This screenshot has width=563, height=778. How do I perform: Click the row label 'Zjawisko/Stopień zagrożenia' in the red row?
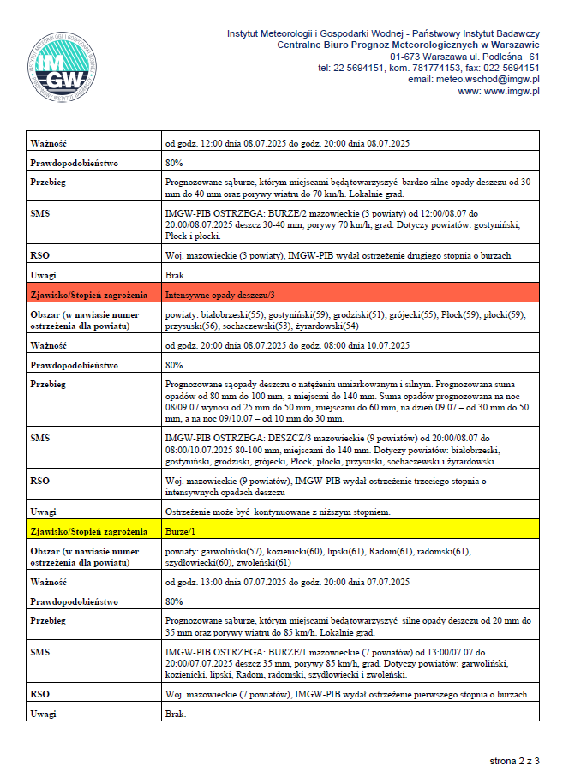pos(86,294)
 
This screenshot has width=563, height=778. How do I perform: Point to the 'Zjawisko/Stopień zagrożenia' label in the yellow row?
pos(86,532)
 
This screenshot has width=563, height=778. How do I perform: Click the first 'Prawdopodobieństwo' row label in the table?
pos(74,162)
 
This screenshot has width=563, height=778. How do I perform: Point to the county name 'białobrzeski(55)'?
pos(230,314)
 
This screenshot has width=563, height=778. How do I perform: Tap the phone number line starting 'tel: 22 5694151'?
pos(428,68)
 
